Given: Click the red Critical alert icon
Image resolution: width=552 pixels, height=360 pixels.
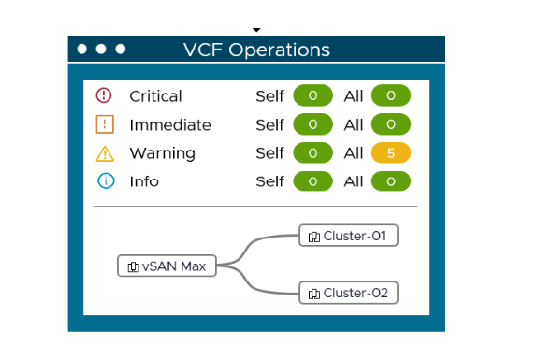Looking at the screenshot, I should tap(104, 95).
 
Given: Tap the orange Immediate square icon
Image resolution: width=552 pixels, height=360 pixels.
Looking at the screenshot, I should tap(104, 124).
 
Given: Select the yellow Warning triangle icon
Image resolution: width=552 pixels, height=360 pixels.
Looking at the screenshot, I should tap(104, 153).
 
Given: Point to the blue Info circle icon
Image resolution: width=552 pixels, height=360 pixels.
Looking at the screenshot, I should tap(104, 181).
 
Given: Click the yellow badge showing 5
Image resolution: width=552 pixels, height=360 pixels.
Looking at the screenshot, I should tap(391, 153).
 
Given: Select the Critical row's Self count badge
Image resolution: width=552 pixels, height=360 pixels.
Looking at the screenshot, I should tap(313, 95).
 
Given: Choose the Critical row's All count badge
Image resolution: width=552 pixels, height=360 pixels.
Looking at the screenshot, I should tap(391, 95).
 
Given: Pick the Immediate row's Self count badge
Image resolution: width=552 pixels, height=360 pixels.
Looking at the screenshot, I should tap(313, 124).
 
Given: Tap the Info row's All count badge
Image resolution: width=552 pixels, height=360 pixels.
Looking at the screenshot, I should tap(391, 181).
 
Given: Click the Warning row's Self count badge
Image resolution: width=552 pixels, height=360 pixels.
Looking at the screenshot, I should tap(313, 153).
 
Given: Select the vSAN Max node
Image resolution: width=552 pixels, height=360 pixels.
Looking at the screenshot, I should tap(167, 266).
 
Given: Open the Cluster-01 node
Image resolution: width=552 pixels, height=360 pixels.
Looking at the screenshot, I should tap(348, 236).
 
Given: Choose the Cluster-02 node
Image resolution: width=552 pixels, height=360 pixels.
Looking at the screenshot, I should tap(348, 293).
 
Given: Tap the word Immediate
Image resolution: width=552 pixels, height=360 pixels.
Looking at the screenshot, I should tap(169, 124).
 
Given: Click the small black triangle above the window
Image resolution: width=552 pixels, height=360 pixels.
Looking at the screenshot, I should tap(256, 30).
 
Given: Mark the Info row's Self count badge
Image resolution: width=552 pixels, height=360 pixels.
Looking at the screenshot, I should tap(313, 181).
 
